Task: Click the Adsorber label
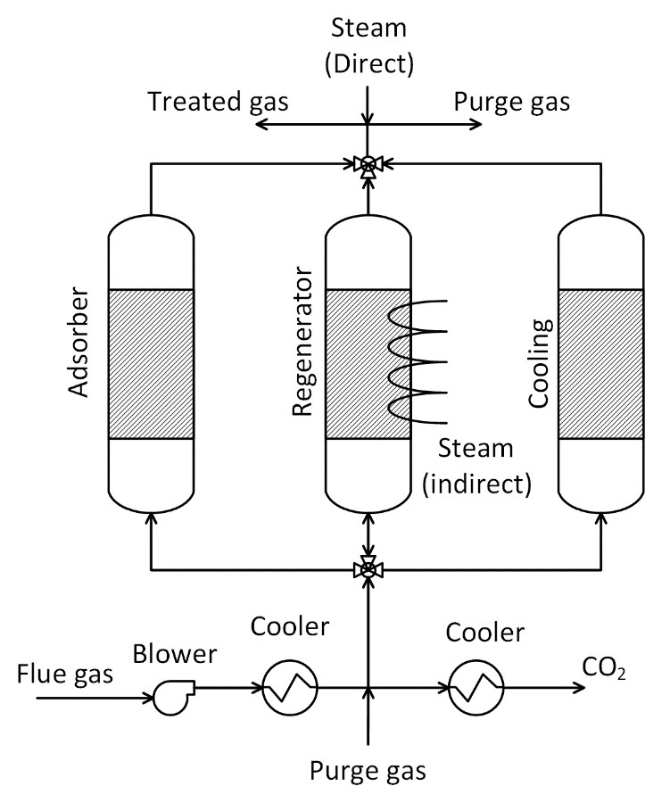click(79, 343)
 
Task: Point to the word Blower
click(175, 655)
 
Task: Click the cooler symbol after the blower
click(285, 688)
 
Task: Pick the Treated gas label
click(219, 102)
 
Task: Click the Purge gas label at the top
click(512, 102)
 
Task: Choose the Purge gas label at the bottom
click(367, 770)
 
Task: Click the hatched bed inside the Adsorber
click(150, 363)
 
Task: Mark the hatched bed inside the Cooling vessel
click(600, 363)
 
